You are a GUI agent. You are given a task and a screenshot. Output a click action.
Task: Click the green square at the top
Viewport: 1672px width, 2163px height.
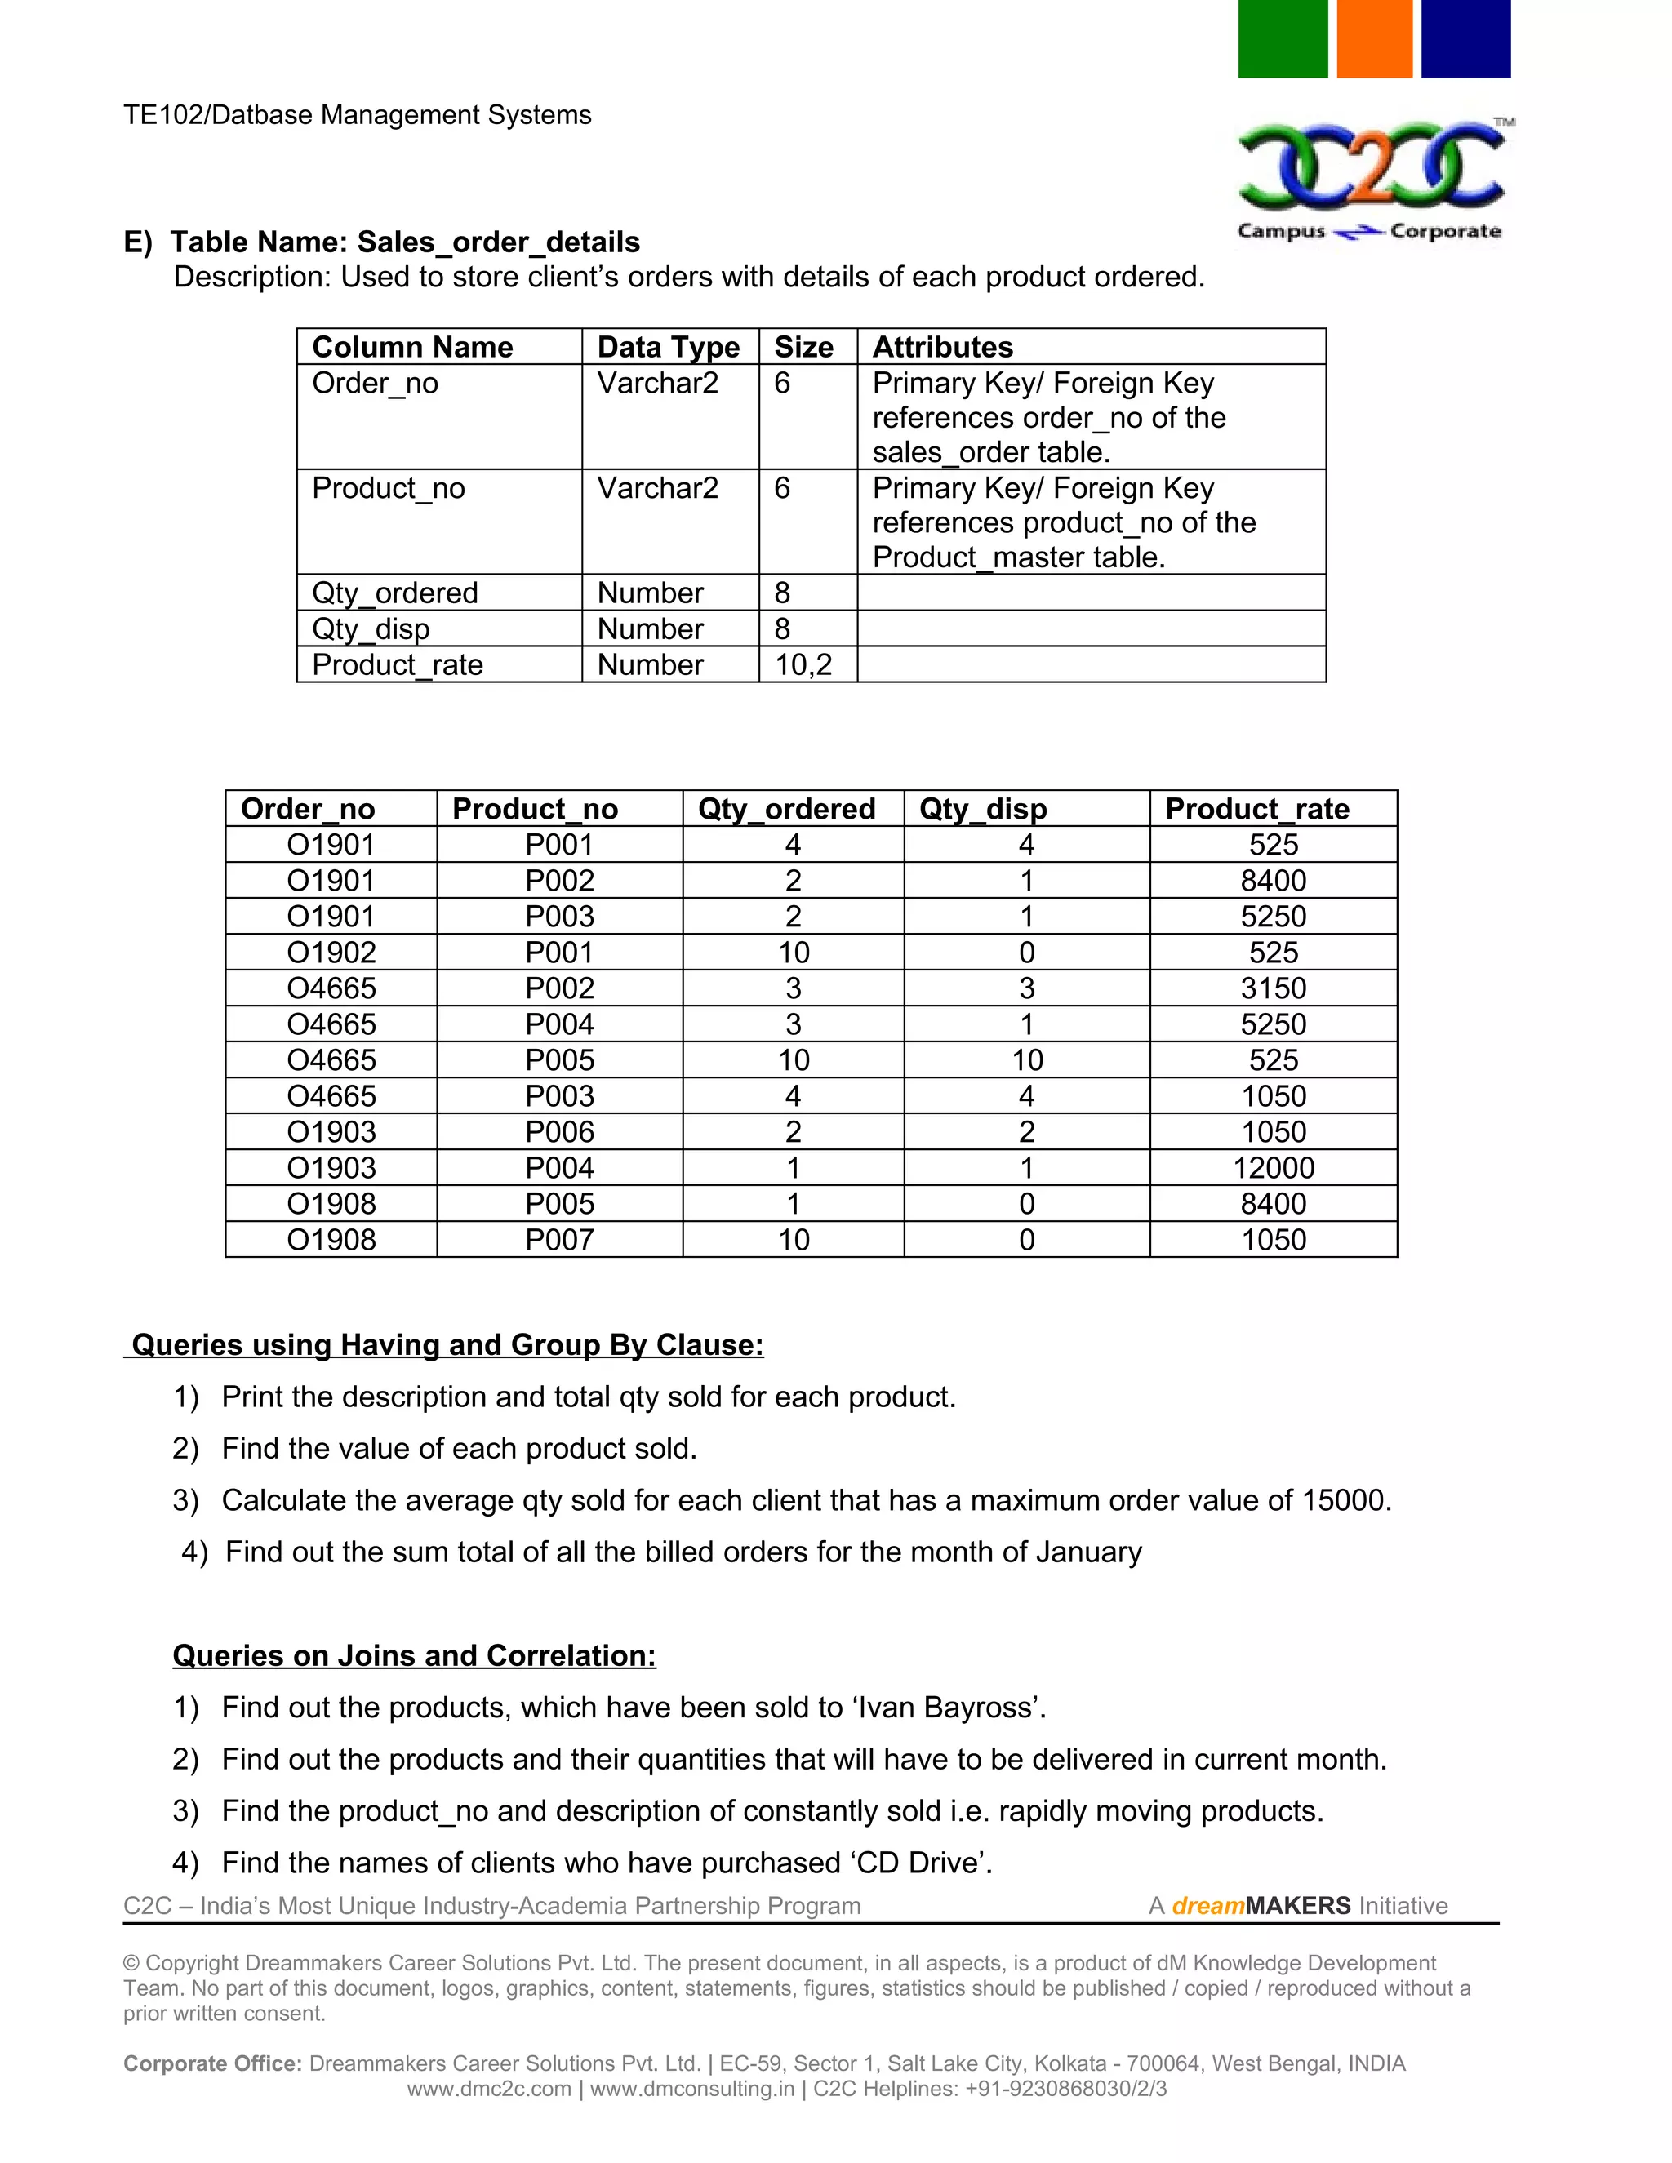(1282, 38)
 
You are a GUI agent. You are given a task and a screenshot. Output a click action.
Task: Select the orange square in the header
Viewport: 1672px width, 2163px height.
(1374, 38)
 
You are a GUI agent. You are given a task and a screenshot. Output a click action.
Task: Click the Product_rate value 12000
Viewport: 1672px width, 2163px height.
(1273, 1168)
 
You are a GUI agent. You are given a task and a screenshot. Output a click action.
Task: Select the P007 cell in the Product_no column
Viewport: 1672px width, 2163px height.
(558, 1240)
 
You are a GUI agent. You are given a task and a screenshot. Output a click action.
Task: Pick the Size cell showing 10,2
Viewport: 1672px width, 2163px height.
(803, 664)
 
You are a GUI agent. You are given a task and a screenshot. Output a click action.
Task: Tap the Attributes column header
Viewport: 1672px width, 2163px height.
(942, 348)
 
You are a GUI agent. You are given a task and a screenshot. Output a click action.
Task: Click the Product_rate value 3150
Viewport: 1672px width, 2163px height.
(1273, 988)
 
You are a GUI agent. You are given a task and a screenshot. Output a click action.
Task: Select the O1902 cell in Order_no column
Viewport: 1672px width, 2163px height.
(331, 953)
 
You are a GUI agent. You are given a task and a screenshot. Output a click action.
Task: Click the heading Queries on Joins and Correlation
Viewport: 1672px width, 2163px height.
(414, 1656)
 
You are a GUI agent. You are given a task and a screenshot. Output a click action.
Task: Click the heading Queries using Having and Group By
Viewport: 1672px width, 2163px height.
(447, 1345)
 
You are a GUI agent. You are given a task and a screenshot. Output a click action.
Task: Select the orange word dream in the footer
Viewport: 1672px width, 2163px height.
(1207, 1906)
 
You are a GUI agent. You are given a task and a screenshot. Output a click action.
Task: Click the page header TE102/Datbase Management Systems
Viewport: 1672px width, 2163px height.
(357, 115)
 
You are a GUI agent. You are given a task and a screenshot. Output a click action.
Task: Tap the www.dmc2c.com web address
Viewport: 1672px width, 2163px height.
(488, 2089)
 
